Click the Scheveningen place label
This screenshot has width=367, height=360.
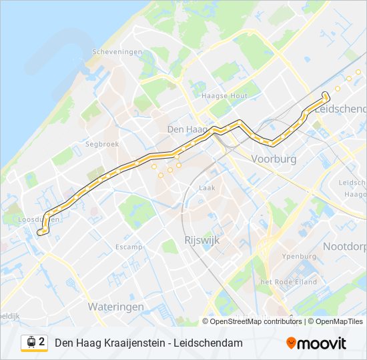(x=117, y=52)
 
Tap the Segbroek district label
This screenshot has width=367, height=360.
(x=101, y=143)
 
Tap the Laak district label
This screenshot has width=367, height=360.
(x=207, y=188)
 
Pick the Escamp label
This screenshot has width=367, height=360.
(x=129, y=247)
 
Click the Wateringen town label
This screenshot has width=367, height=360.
(x=116, y=307)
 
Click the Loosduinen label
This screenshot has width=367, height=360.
(x=39, y=219)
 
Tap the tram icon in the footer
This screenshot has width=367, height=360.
(x=31, y=342)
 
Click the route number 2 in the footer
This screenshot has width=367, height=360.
(x=42, y=342)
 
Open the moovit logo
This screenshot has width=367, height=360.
(x=316, y=343)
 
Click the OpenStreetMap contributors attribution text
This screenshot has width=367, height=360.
(x=256, y=321)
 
